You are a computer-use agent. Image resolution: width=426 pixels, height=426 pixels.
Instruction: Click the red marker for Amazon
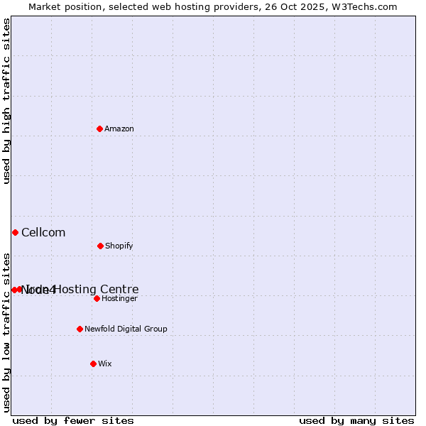pos(100,129)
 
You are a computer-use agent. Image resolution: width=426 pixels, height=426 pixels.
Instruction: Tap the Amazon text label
pos(119,129)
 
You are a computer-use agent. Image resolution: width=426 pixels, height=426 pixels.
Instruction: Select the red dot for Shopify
pos(100,246)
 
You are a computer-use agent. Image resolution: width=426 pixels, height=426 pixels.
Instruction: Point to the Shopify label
pos(119,246)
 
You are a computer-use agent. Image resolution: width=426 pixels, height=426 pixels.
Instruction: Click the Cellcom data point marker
pos(15,232)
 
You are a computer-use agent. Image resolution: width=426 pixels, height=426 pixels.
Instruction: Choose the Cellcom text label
pos(43,232)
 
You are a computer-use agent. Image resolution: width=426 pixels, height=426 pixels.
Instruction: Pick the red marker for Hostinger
pos(97,298)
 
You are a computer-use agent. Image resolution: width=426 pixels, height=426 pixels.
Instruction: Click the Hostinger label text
pos(119,298)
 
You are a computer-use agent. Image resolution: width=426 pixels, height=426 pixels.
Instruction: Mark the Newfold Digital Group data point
pos(80,329)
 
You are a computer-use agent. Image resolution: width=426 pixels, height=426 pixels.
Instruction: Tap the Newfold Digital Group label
pos(126,329)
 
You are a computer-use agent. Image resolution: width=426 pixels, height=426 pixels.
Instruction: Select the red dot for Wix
pos(93,364)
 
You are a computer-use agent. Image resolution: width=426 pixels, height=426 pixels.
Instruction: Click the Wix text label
pos(105,364)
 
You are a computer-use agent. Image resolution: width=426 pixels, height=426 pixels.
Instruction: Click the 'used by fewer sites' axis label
pos(73,420)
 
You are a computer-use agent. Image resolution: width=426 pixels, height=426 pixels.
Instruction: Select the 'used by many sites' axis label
pos(356,420)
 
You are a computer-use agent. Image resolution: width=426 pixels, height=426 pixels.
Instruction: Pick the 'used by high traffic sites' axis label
pos(6,101)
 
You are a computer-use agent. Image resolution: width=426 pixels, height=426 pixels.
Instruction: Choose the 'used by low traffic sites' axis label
pos(6,332)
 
